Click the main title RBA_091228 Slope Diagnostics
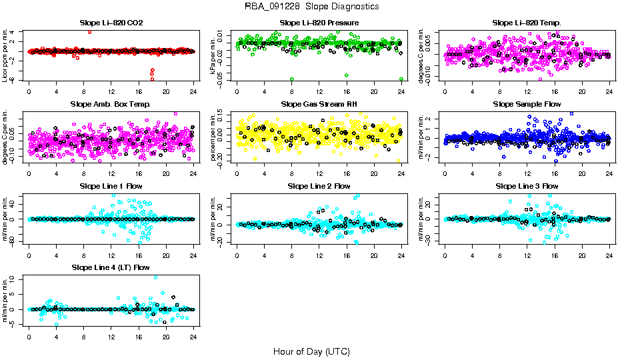(311, 6)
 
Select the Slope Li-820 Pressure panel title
(319, 23)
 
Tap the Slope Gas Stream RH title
(319, 104)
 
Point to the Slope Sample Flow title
(527, 104)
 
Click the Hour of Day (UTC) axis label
(311, 351)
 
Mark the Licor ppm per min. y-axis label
(5, 55)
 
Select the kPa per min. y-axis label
(213, 55)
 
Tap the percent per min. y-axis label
(213, 137)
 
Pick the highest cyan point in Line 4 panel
(155, 277)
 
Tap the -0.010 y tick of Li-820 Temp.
(430, 76)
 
